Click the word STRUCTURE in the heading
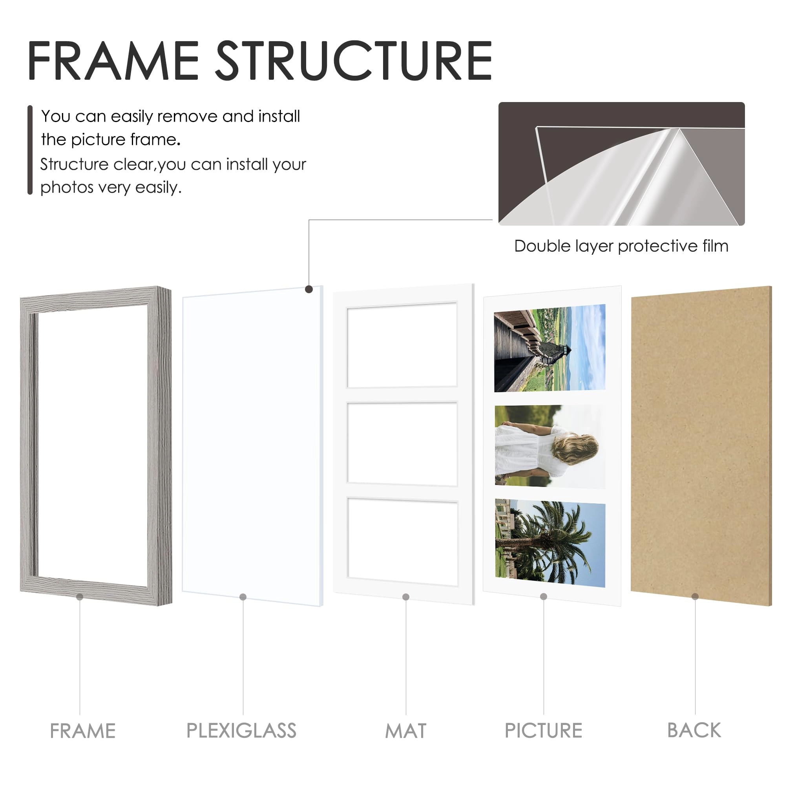pos(353,61)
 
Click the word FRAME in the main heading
pos(113,61)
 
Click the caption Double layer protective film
pos(621,246)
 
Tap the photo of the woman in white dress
pos(549,447)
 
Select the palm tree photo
pos(549,543)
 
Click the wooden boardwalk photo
pos(549,349)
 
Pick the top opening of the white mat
pos(402,345)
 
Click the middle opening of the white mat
pos(402,444)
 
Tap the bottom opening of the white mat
pos(402,542)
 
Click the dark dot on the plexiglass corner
pos(309,289)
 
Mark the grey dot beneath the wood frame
pos(80,597)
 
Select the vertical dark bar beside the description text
pos(30,150)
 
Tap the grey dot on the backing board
pos(695,597)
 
